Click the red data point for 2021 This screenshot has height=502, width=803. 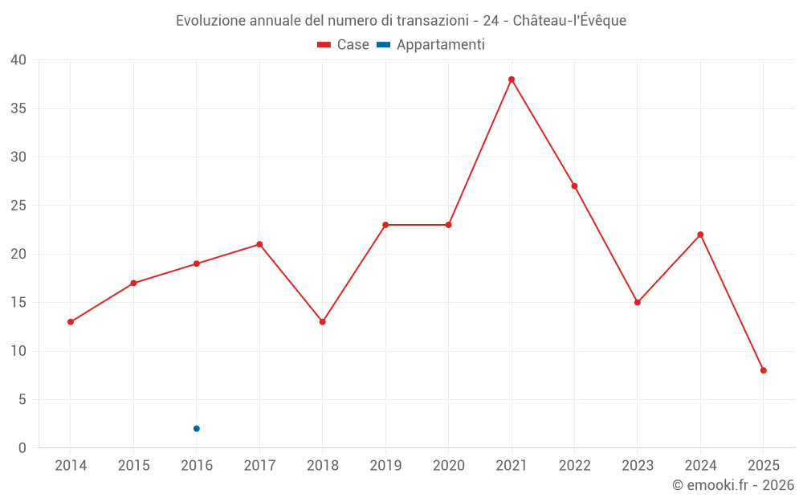click(512, 80)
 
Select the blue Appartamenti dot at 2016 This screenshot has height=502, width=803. click(196, 429)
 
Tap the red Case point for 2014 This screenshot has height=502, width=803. click(71, 322)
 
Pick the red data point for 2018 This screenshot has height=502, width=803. click(322, 322)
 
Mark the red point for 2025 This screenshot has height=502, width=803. click(764, 370)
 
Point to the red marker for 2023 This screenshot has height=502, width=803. click(638, 303)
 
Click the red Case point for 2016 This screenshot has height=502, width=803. click(196, 263)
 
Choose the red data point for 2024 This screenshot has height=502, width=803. click(700, 235)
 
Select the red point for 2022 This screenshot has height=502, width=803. click(574, 186)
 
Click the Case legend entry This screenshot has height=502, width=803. click(344, 45)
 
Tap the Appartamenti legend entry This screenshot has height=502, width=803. click(431, 45)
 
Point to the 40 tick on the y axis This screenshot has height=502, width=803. click(18, 60)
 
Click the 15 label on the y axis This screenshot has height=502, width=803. click(18, 303)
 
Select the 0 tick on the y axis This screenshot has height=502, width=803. click(22, 448)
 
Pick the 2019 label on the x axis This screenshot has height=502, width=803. click(385, 466)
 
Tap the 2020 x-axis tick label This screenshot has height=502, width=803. click(448, 466)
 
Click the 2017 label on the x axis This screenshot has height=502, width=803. click(259, 466)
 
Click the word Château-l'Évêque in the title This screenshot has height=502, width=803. click(569, 21)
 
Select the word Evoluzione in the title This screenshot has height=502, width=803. click(211, 21)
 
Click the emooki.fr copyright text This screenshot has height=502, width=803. click(733, 485)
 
